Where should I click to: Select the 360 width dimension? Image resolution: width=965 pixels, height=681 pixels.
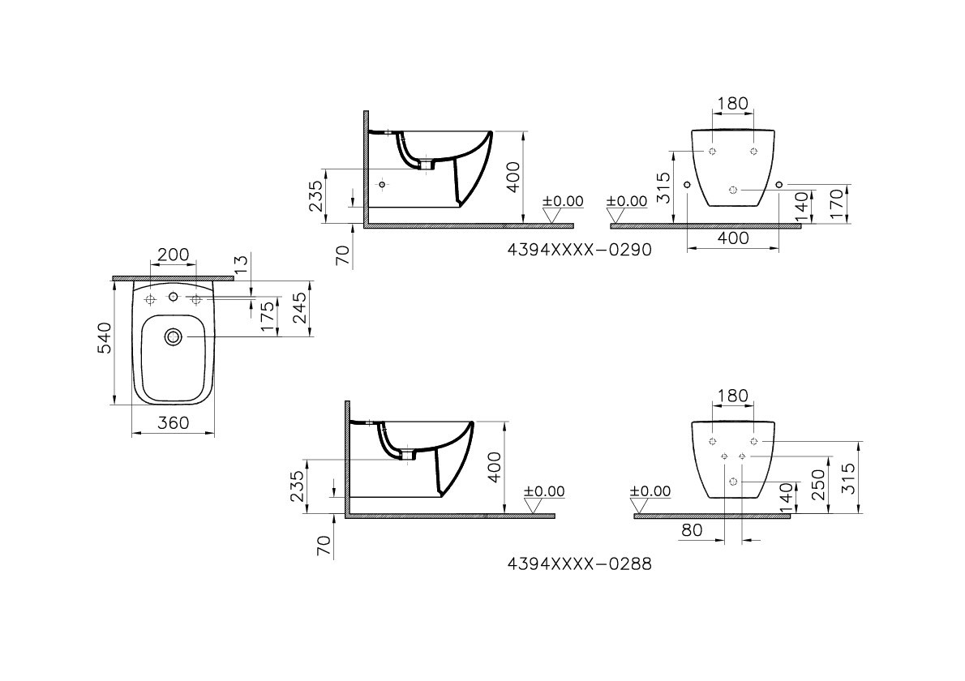[173, 422]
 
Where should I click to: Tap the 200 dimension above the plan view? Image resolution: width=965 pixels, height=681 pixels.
[173, 255]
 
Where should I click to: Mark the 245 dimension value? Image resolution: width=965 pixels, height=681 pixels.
[299, 309]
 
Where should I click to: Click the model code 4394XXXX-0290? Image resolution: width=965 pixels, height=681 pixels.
[579, 251]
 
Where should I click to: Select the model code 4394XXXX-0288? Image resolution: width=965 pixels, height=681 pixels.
[579, 563]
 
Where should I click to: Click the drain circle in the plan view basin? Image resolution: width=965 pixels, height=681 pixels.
[173, 336]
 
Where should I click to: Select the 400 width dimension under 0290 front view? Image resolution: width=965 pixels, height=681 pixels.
[732, 238]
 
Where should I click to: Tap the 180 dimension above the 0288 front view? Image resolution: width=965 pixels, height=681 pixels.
[732, 396]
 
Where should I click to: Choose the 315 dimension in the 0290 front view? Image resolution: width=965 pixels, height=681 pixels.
[663, 187]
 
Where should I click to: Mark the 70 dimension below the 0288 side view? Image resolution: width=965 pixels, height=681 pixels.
[324, 546]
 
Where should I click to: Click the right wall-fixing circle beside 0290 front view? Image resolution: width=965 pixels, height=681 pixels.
[779, 186]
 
